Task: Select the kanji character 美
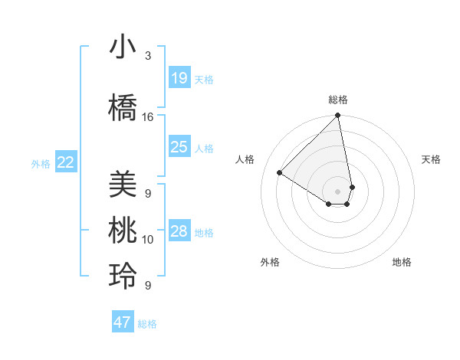[123, 184]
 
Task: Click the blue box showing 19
[179, 78]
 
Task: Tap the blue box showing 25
[179, 147]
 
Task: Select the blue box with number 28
[179, 231]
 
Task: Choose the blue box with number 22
[66, 162]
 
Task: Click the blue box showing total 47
[123, 322]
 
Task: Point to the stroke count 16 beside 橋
[148, 117]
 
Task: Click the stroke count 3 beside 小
[148, 56]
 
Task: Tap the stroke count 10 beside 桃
[148, 240]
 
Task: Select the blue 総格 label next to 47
[147, 324]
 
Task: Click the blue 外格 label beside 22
[41, 163]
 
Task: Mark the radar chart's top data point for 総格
[337, 116]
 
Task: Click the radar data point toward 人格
[280, 172]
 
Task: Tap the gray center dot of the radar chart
[337, 191]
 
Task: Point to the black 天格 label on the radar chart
[432, 159]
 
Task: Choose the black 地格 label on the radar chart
[402, 262]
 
